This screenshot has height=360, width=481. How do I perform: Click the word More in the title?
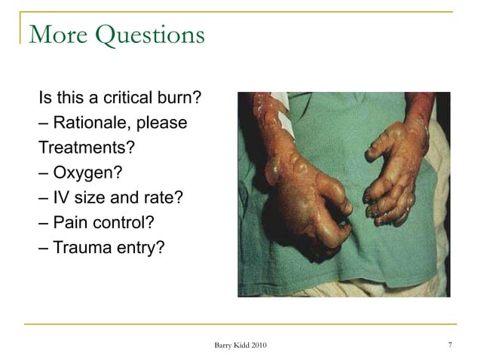click(56, 34)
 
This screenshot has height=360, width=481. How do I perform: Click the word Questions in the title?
click(147, 35)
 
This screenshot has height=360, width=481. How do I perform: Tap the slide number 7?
click(449, 346)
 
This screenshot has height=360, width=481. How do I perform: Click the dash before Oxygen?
click(44, 173)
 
